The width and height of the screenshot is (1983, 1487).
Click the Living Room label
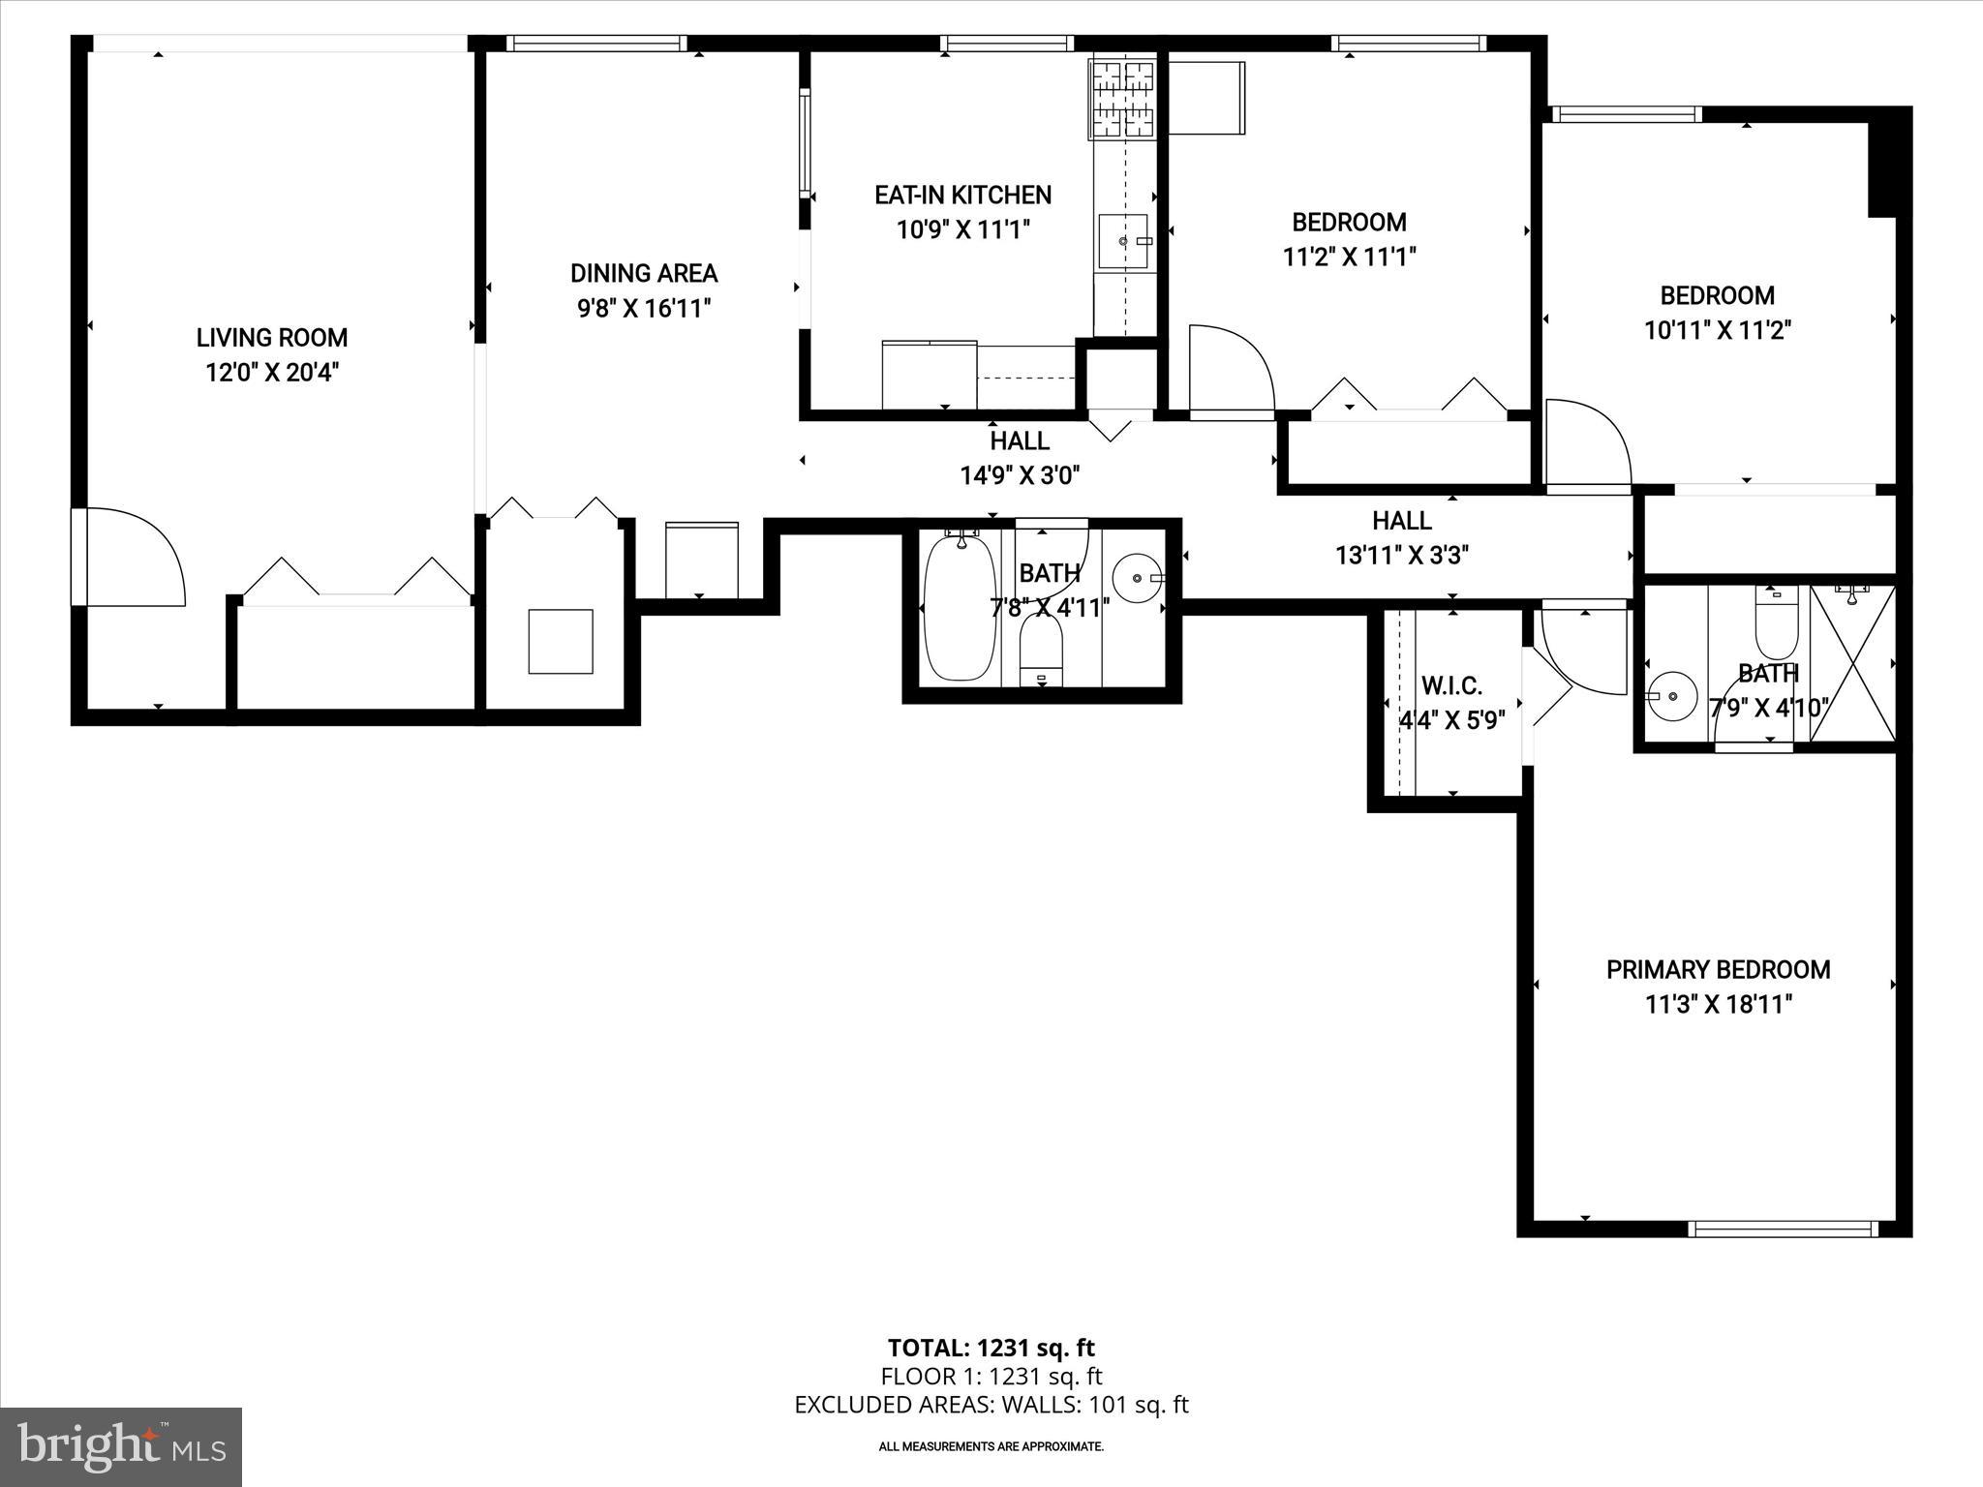[x=271, y=338]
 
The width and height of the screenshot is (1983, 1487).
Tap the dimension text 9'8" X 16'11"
[x=644, y=309]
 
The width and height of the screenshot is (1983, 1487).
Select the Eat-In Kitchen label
[x=962, y=196]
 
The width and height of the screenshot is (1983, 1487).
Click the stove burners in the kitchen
[x=1123, y=98]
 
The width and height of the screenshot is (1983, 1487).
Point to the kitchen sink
[x=1123, y=241]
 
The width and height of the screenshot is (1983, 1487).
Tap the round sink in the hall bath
[x=1138, y=579]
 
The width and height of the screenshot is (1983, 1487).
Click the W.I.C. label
[x=1451, y=686]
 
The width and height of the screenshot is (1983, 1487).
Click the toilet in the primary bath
[x=1776, y=624]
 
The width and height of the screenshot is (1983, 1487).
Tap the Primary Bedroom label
[x=1718, y=970]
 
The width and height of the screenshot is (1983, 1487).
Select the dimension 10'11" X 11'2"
[x=1718, y=330]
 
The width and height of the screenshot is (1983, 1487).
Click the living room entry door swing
[x=131, y=559]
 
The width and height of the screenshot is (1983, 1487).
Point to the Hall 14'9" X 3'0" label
[x=1020, y=458]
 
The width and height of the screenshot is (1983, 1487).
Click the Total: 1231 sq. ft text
[x=991, y=1348]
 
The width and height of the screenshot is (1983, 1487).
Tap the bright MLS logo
[x=121, y=1447]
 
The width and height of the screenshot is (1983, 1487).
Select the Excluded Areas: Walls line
[x=991, y=1405]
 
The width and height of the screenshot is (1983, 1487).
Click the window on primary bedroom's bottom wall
[x=1784, y=1229]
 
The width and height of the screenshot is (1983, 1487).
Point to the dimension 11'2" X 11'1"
[x=1350, y=257]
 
